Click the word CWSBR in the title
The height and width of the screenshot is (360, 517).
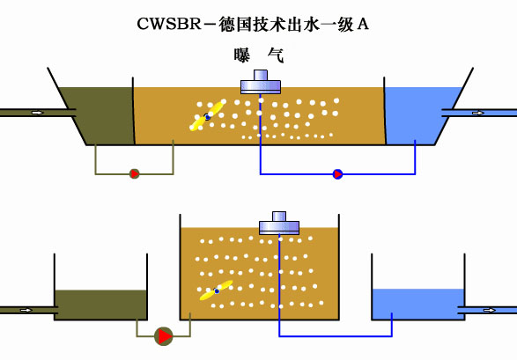tap(169, 24)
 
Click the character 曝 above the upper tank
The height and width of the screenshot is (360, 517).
tap(241, 55)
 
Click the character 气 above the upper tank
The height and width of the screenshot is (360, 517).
tap(276, 55)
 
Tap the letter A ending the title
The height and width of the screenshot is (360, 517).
tap(363, 24)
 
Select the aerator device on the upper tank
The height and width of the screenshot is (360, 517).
tap(261, 82)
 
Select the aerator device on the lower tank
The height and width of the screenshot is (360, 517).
tap(279, 223)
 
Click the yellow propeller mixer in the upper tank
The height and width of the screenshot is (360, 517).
tap(207, 116)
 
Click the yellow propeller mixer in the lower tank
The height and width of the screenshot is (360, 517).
tap(217, 290)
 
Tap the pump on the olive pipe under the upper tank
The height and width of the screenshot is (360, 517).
tap(134, 173)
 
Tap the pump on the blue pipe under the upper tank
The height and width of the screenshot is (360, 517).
tap(337, 174)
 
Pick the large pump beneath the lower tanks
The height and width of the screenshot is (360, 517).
tap(164, 336)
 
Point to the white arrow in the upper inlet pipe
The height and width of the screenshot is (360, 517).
tap(38, 113)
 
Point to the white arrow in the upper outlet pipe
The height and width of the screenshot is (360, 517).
tap(478, 113)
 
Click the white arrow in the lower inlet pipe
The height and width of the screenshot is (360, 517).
tap(26, 310)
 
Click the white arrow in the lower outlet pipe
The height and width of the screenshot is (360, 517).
tap(490, 310)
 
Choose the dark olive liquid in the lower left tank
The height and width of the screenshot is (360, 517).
tap(100, 305)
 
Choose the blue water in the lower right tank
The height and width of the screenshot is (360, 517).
tap(418, 304)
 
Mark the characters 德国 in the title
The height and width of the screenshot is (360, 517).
tap(235, 24)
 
